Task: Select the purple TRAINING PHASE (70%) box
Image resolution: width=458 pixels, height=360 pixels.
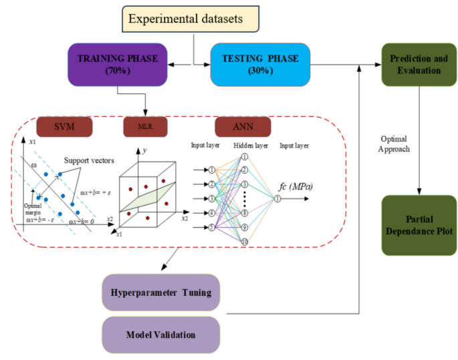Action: coord(112,63)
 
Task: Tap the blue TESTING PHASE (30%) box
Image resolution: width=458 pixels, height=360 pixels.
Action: coord(258,63)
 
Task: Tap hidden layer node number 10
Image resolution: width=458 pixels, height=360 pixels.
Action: coord(245,242)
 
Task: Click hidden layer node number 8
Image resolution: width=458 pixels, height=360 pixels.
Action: coord(245,213)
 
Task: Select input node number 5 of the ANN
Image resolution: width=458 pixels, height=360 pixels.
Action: coord(211,227)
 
